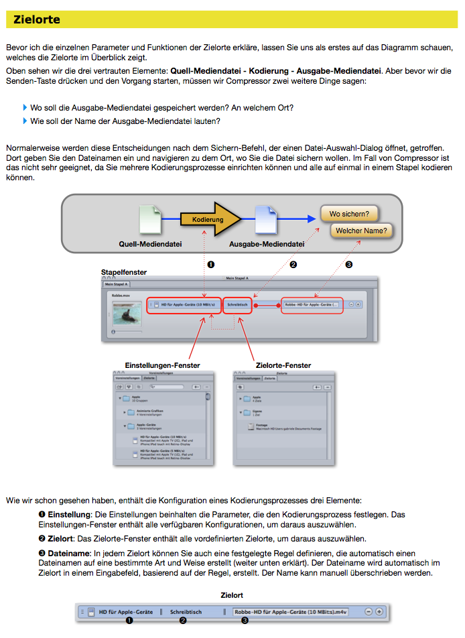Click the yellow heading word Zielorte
(x=37, y=19)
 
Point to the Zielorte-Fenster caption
(x=283, y=365)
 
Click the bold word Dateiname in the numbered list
(x=68, y=553)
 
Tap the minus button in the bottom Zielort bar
(x=369, y=611)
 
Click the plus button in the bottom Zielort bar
(x=379, y=611)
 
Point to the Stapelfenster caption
(x=124, y=272)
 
